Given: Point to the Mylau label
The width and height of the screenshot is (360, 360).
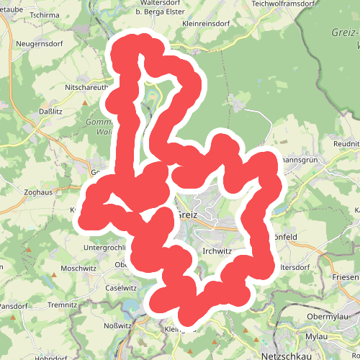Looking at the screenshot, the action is [x=317, y=337].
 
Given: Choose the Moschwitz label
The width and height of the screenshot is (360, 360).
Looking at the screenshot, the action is [x=78, y=268].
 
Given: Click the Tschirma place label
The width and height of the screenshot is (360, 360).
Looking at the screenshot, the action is [x=45, y=14].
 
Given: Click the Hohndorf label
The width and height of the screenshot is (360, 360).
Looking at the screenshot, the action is [x=50, y=357].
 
